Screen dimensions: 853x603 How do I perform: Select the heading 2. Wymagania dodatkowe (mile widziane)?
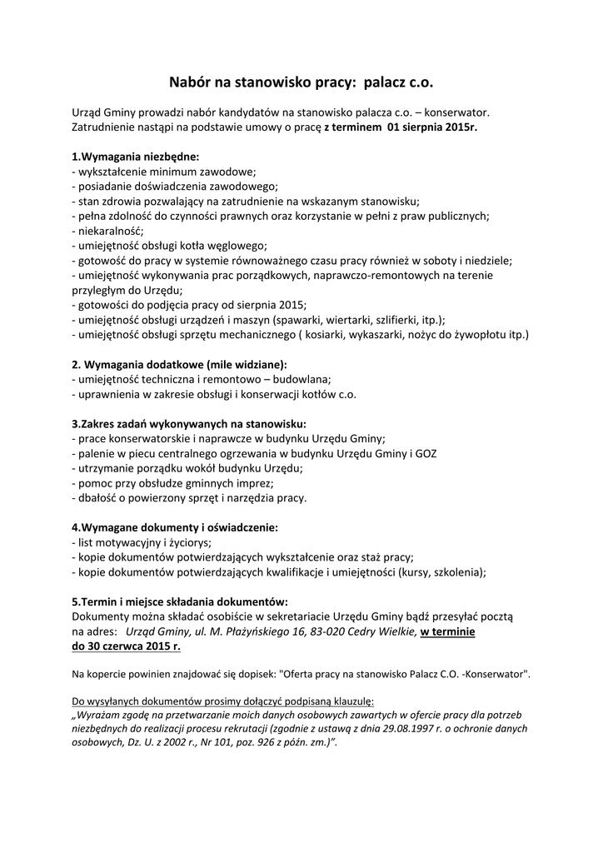[179, 364]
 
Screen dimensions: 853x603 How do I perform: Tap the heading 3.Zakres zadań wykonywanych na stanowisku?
[189, 423]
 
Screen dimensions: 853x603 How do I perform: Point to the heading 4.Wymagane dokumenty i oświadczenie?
[175, 527]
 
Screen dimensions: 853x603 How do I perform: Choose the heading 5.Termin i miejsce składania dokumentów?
[180, 601]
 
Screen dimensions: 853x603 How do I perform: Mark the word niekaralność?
[110, 230]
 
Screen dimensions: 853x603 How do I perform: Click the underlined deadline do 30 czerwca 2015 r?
[126, 646]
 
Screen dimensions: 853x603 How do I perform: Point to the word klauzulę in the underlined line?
[352, 701]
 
